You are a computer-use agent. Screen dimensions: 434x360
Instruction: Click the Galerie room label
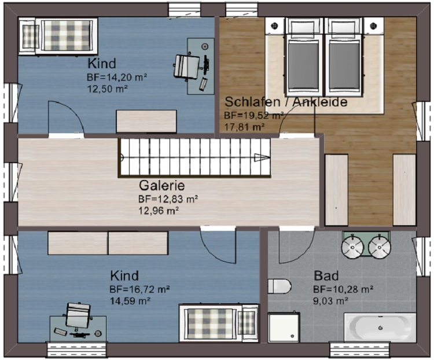162,186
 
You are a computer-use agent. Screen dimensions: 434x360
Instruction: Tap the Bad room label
326,276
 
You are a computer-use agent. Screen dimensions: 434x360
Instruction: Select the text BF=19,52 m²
254,115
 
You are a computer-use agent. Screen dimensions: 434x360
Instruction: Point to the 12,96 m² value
159,211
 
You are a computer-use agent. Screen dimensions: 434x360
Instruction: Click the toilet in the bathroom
279,286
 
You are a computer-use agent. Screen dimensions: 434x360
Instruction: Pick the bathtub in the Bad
380,328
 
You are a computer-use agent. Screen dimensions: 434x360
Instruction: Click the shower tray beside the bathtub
284,328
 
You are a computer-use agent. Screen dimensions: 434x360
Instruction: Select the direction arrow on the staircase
262,157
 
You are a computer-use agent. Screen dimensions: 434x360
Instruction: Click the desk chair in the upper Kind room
187,67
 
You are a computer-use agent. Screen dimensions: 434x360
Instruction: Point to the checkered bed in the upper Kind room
58,35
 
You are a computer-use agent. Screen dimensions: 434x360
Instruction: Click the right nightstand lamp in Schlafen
373,25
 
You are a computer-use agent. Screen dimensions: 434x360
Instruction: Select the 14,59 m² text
130,301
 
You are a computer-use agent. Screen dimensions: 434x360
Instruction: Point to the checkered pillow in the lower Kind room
248,323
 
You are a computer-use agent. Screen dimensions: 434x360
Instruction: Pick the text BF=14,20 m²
117,77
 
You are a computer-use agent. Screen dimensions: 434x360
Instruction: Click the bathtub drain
381,328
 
